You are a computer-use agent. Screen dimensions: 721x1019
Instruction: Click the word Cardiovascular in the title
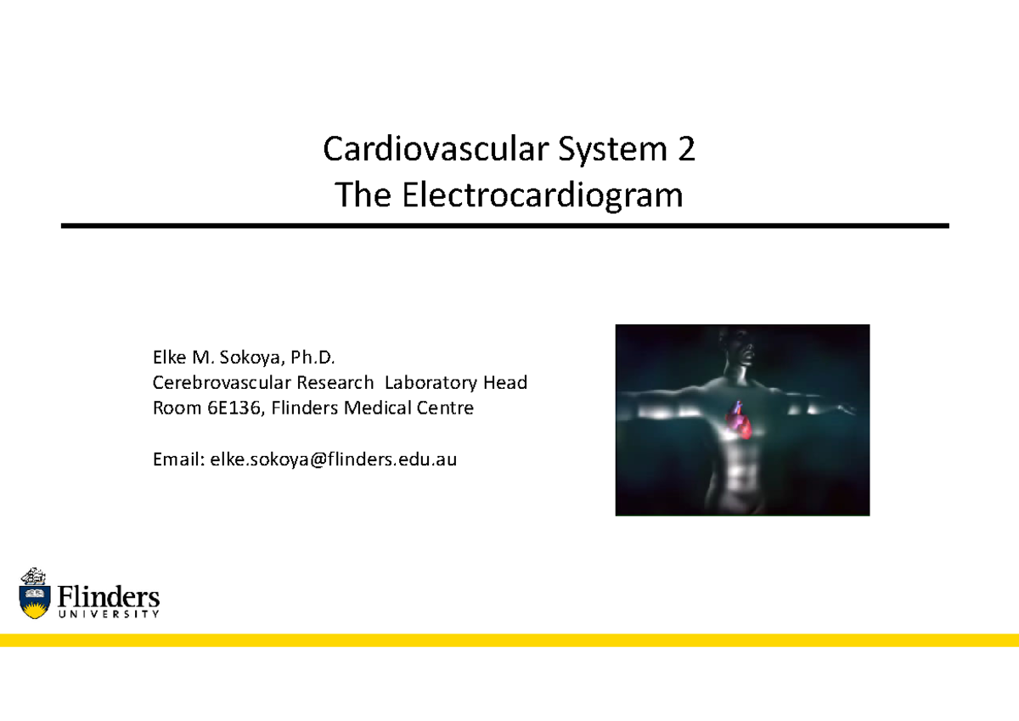coord(425,151)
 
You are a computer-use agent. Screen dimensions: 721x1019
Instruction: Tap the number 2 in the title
coord(685,151)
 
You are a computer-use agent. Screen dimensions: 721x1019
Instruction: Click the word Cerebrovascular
coord(220,382)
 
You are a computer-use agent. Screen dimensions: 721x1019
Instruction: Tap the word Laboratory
coord(432,382)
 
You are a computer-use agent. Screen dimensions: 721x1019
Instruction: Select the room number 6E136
coord(233,408)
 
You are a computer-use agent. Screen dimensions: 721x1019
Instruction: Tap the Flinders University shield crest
coord(35,592)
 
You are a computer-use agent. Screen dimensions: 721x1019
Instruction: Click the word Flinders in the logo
coord(108,594)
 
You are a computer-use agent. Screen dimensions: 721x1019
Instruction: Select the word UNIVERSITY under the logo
coord(108,614)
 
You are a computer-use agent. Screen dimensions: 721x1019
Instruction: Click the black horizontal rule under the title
coord(504,226)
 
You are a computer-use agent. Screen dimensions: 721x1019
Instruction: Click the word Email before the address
coord(176,460)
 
